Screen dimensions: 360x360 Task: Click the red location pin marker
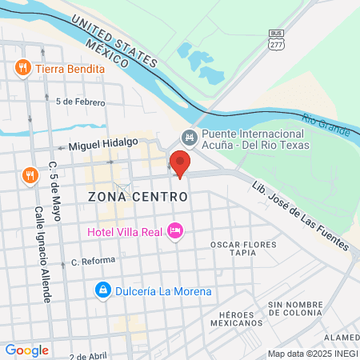(180, 163)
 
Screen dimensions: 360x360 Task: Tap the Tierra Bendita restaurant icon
(23, 68)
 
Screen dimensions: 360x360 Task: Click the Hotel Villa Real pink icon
(175, 232)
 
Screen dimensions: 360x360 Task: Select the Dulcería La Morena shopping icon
(102, 290)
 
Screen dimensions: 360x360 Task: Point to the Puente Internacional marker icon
(189, 137)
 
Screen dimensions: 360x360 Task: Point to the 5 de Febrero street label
(80, 102)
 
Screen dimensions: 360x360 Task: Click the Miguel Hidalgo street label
(103, 145)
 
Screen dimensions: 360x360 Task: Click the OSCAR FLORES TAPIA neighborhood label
(243, 248)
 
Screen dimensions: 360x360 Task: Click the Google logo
(26, 350)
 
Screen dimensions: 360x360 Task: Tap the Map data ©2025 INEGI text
(313, 354)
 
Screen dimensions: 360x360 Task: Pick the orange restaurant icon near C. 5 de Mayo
(30, 174)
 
